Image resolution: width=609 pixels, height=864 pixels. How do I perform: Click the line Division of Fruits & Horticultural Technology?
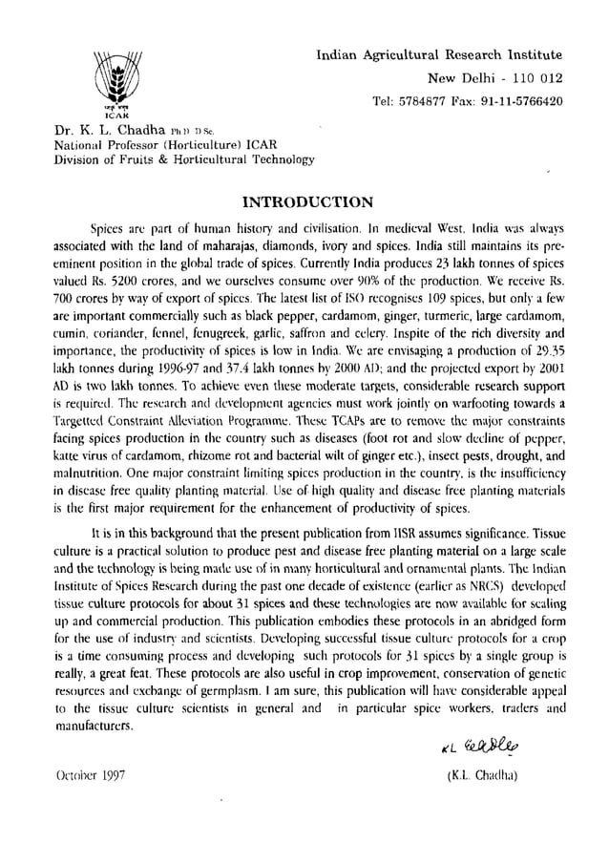183,159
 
